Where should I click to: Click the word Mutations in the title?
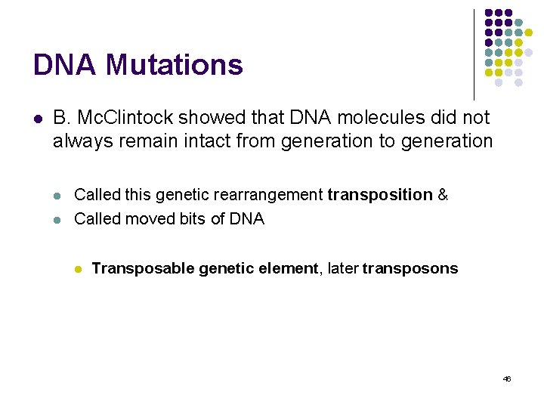175,65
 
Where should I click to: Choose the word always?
79,141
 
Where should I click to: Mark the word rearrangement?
269,195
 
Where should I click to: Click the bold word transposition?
380,195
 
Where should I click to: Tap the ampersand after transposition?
443,195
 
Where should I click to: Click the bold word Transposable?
143,269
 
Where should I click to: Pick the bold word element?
289,269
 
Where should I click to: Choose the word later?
342,269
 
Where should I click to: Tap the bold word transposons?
410,269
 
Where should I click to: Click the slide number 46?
506,379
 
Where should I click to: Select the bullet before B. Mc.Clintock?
36,119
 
